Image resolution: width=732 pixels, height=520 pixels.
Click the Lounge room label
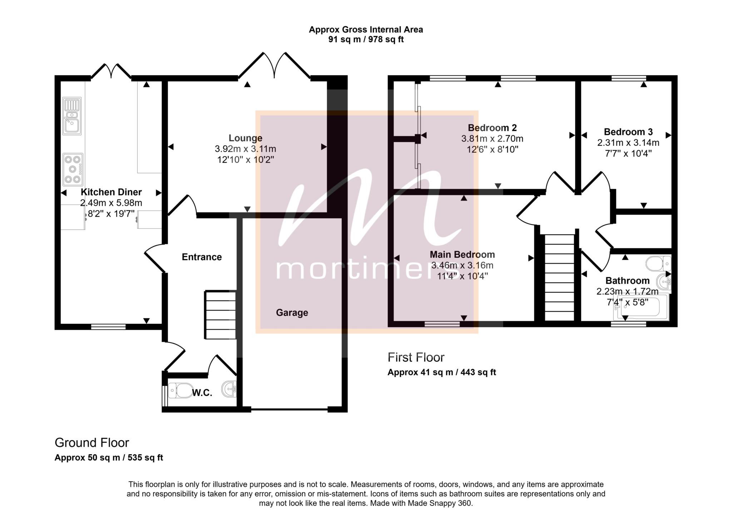(x=245, y=138)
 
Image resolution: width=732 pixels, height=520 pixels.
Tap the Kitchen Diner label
(x=111, y=192)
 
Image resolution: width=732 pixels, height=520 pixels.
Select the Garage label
(x=292, y=313)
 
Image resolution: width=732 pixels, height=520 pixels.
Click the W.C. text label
(x=202, y=393)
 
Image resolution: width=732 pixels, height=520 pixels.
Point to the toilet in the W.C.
(x=180, y=391)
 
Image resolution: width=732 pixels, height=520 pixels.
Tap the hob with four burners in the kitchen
(x=73, y=170)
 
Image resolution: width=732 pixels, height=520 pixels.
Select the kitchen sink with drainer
(x=72, y=116)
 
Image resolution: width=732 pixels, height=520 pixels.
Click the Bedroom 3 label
(x=628, y=132)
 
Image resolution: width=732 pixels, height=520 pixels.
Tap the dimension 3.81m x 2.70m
(x=492, y=138)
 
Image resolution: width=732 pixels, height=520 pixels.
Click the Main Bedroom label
(x=462, y=255)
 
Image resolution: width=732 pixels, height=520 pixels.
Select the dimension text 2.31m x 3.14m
(x=628, y=143)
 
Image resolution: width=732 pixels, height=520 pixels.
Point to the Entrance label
(x=202, y=257)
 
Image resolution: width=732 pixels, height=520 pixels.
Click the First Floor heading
(x=416, y=357)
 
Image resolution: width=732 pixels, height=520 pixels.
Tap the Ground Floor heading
(x=92, y=443)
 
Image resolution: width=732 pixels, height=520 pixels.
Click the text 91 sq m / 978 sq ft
(x=366, y=39)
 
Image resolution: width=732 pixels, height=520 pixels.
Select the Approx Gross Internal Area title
(x=366, y=29)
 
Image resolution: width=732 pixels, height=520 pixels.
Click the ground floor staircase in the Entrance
(x=220, y=315)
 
